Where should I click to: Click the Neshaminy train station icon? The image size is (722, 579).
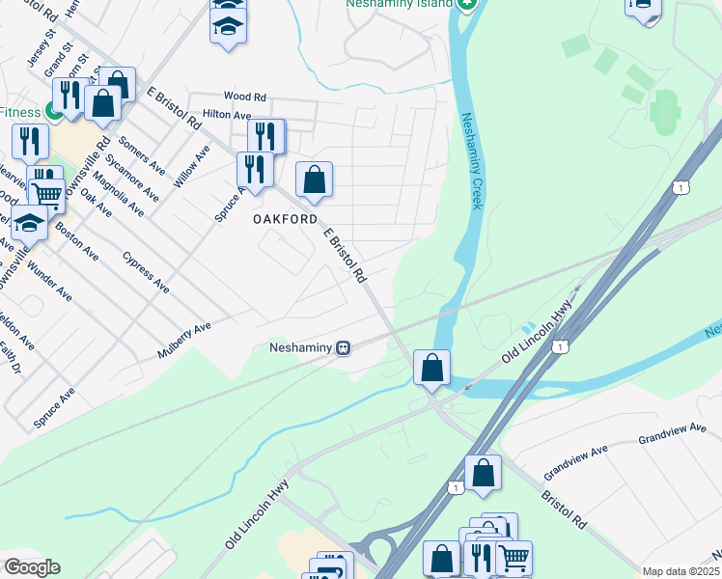(x=343, y=347)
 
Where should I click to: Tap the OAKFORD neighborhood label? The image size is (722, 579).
(x=286, y=220)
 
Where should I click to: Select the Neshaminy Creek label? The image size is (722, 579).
(x=470, y=160)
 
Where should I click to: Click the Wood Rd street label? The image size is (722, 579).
(x=244, y=96)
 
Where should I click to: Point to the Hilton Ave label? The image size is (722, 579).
(x=227, y=114)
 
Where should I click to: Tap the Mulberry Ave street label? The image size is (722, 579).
(x=184, y=342)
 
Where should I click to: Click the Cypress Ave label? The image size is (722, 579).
(x=147, y=271)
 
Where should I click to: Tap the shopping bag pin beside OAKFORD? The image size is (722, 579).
(x=314, y=179)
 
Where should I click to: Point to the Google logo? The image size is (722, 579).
(x=31, y=567)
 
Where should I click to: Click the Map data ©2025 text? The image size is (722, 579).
(x=680, y=571)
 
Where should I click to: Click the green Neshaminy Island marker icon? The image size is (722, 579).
(x=467, y=4)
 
